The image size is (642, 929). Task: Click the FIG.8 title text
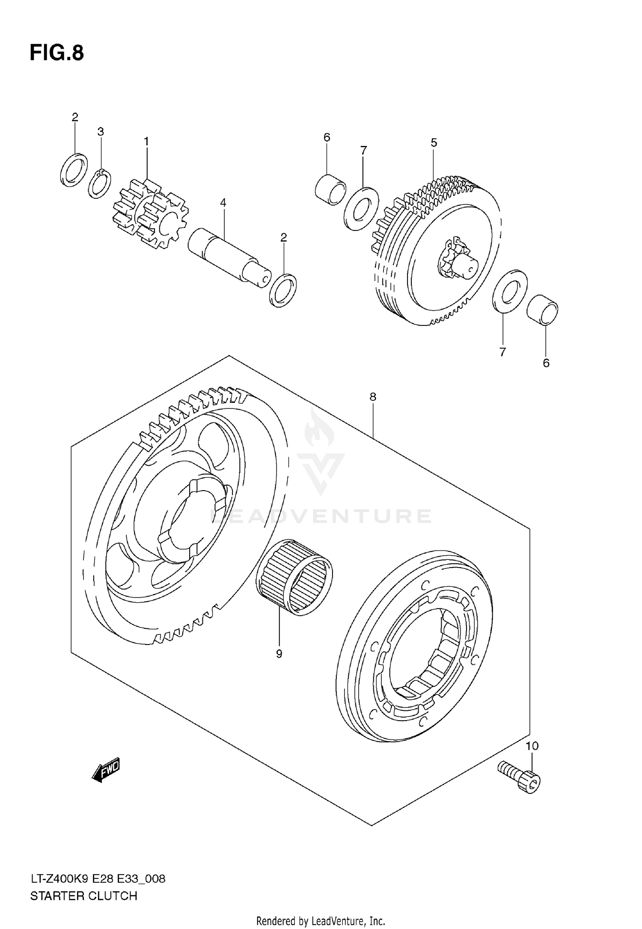[56, 53]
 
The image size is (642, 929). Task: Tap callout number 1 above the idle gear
[146, 141]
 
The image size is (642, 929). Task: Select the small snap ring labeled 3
[100, 184]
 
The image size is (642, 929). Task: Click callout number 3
[101, 132]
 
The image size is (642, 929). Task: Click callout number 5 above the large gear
[434, 142]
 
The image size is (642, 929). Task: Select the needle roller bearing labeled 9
[294, 577]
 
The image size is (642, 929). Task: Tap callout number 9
[279, 654]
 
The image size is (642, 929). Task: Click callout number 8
[373, 397]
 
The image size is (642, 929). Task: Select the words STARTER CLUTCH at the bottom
[83, 896]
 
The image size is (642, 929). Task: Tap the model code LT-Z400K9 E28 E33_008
[98, 879]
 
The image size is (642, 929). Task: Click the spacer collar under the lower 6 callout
[542, 310]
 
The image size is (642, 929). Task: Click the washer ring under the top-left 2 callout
[74, 170]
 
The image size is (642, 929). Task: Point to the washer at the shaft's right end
[283, 290]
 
